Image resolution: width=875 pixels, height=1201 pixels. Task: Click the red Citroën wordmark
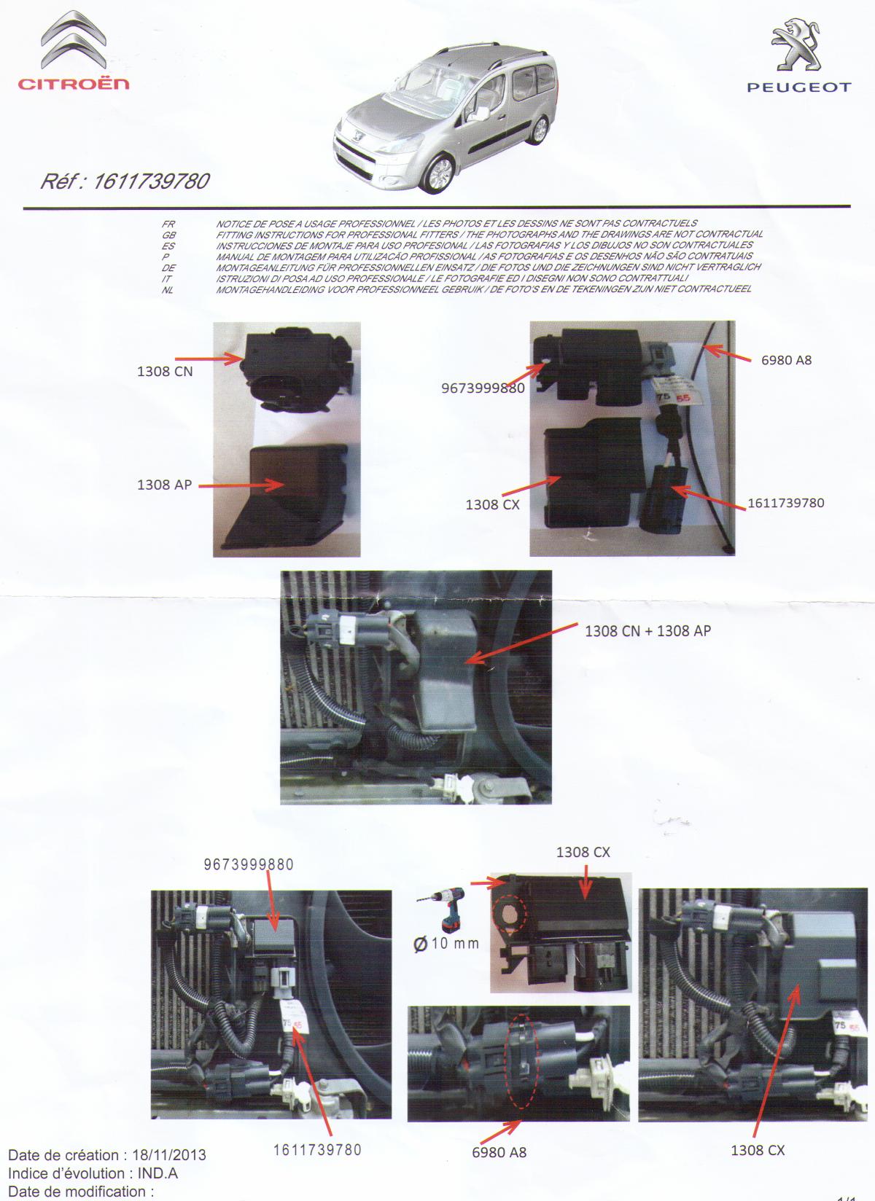click(74, 84)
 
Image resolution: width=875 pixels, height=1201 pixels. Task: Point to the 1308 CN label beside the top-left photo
click(165, 372)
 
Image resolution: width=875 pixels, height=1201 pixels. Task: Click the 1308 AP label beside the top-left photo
click(164, 485)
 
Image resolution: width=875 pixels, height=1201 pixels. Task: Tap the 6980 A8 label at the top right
click(786, 360)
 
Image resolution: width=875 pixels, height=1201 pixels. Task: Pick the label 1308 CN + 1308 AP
click(647, 631)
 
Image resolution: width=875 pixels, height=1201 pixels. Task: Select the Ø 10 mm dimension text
click(446, 943)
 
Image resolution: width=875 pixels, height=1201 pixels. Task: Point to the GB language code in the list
click(168, 235)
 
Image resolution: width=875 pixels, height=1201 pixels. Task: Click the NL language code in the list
click(168, 290)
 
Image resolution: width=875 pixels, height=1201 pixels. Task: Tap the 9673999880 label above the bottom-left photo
click(249, 864)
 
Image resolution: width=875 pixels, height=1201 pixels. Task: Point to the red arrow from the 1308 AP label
click(241, 486)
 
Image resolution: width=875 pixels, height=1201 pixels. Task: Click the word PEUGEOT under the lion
click(799, 87)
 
